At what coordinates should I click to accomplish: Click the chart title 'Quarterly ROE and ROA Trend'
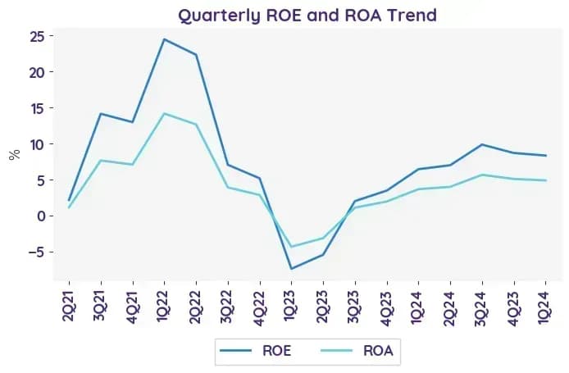point(307,16)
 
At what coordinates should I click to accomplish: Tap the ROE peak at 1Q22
point(164,39)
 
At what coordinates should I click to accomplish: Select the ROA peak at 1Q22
point(164,114)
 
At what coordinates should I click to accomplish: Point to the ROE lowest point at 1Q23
point(291,269)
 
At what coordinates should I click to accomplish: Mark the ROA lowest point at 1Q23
point(291,247)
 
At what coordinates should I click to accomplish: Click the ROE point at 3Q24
point(482,144)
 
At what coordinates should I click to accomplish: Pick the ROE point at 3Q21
point(101,114)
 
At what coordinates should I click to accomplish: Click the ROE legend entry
point(256,351)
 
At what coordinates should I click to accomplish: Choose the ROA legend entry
point(357,351)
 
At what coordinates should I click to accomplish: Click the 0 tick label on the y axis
point(40,216)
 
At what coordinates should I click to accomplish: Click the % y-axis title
point(15,155)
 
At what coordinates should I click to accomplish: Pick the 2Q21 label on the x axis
point(69,307)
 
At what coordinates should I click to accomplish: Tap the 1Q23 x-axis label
point(291,307)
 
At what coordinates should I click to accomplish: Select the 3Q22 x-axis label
point(228,307)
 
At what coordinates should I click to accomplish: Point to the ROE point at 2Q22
point(196,54)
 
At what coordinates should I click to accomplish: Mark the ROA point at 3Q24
point(482,175)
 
